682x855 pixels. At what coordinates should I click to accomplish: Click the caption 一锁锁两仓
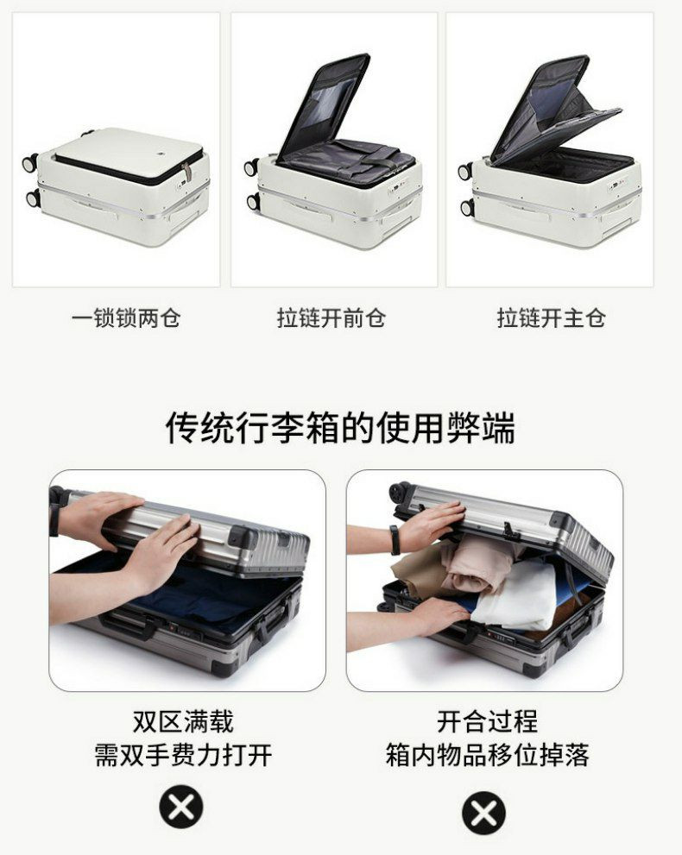pyautogui.click(x=126, y=317)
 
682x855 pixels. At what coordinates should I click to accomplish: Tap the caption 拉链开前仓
pyautogui.click(x=332, y=317)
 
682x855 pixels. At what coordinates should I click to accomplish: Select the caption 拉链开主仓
pyautogui.click(x=551, y=317)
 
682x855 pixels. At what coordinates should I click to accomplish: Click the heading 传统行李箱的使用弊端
pyautogui.click(x=340, y=428)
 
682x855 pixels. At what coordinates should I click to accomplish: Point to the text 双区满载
pyautogui.click(x=183, y=721)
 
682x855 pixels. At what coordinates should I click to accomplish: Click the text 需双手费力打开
pyautogui.click(x=183, y=755)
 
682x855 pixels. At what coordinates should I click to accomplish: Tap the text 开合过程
pyautogui.click(x=487, y=721)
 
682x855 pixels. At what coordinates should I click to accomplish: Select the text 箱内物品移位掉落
pyautogui.click(x=487, y=755)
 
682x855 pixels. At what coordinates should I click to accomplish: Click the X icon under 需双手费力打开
pyautogui.click(x=181, y=807)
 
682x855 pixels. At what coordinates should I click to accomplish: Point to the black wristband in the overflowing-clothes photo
pyautogui.click(x=395, y=540)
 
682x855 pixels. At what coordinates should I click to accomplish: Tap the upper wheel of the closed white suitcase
pyautogui.click(x=30, y=162)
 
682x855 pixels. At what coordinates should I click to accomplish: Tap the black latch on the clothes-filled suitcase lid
pyautogui.click(x=510, y=530)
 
